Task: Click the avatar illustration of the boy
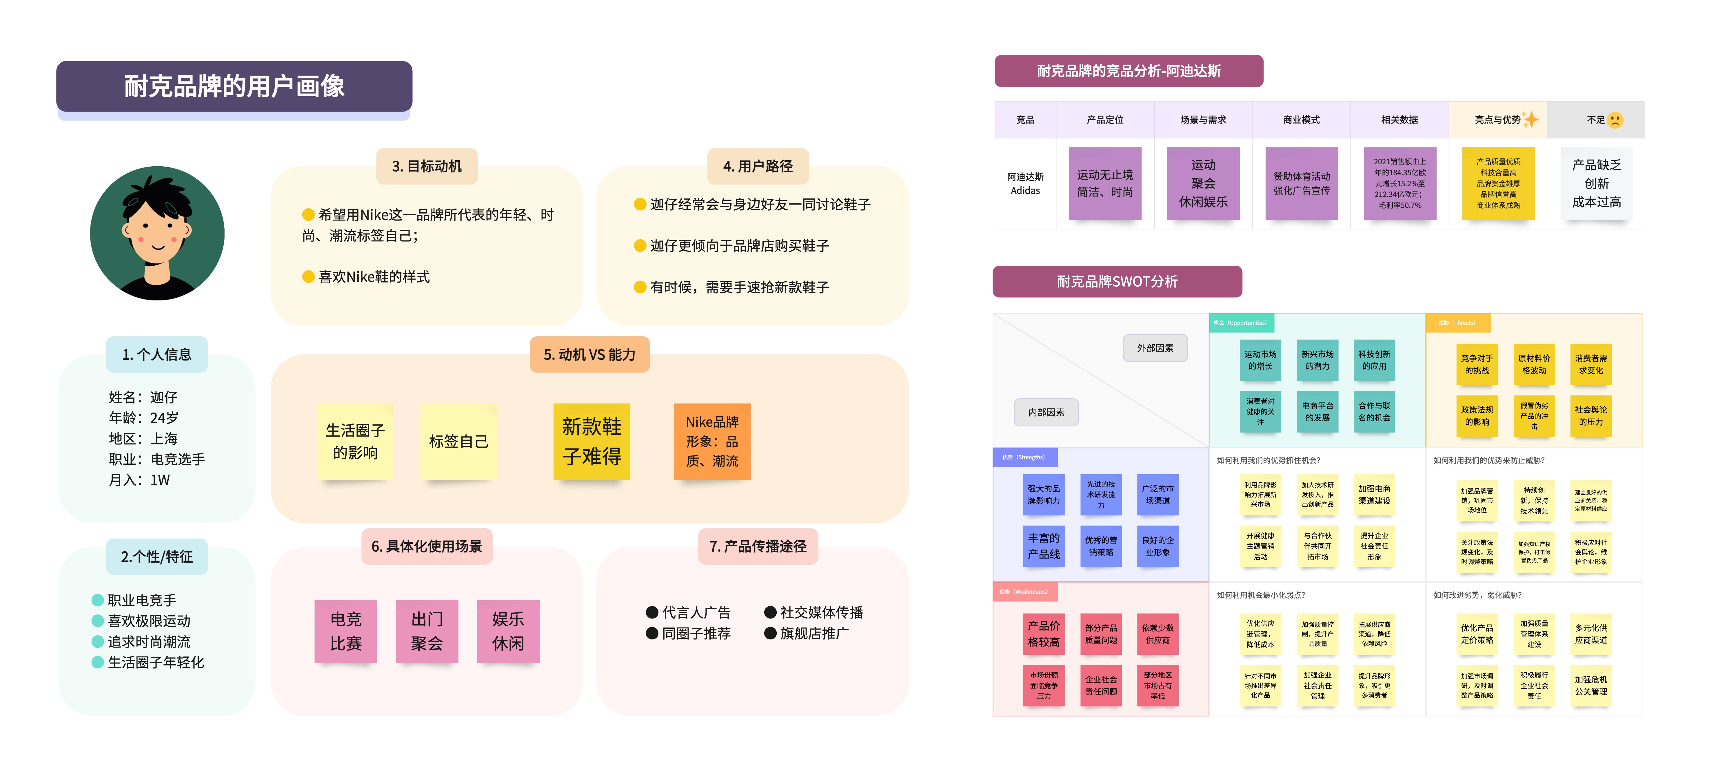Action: point(157,233)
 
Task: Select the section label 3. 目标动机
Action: point(427,166)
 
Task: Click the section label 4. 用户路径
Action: point(758,166)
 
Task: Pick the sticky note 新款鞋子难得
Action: point(591,442)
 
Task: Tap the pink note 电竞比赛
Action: point(346,631)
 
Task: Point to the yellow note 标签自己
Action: point(458,442)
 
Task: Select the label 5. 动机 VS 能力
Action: point(589,354)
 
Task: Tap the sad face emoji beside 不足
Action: point(1615,120)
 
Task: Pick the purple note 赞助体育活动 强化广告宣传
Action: point(1302,183)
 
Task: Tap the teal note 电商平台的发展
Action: point(1317,411)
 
